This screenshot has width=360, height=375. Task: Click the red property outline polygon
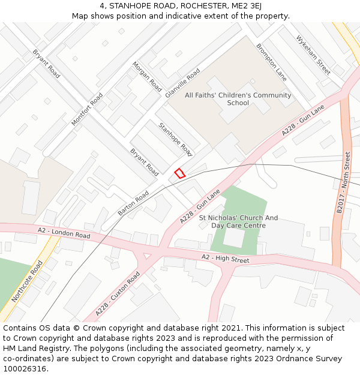tap(179, 173)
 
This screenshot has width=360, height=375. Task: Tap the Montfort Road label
tap(87, 109)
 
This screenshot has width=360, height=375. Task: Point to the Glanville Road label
tap(182, 83)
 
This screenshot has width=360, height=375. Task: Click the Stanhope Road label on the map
tap(175, 139)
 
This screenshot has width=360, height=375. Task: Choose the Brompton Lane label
tap(271, 62)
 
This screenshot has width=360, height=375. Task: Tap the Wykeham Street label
tap(313, 55)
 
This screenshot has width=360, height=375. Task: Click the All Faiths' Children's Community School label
tap(238, 99)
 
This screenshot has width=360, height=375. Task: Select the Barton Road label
tap(133, 204)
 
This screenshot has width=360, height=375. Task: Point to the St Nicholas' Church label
tap(238, 221)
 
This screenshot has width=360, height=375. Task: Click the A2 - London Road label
tap(64, 233)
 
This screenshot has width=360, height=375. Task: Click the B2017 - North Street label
tap(343, 182)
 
